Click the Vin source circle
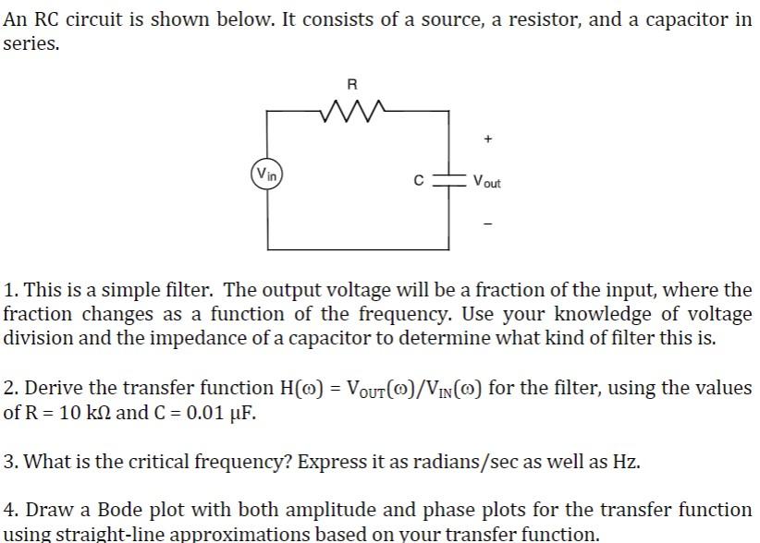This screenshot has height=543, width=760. (266, 174)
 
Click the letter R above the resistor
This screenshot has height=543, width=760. (351, 85)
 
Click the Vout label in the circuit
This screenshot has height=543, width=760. (486, 182)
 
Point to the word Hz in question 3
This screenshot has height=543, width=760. (626, 461)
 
